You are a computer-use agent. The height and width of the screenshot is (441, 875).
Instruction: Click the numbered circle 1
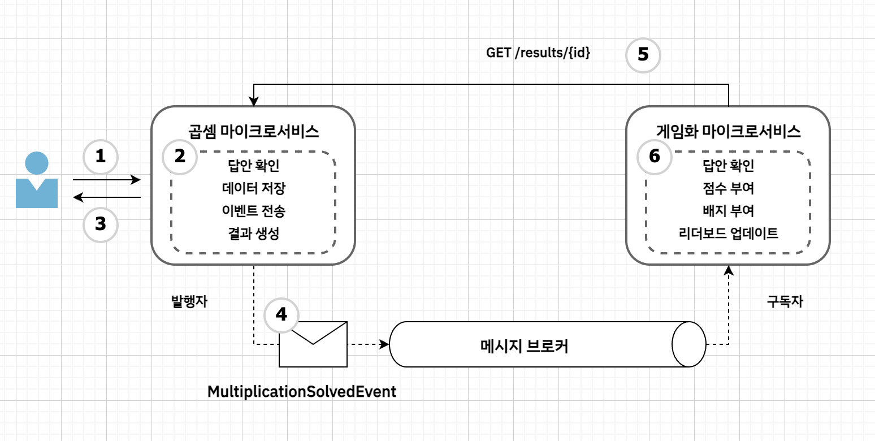point(100,157)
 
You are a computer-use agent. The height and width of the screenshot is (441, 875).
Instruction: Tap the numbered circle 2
point(180,157)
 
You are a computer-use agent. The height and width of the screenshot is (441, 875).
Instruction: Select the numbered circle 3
point(100,225)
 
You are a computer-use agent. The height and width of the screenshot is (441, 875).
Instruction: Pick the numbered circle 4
point(280,315)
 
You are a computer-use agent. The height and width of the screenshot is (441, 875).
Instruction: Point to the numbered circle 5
point(643,55)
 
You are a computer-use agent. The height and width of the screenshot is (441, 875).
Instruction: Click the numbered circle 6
point(655,157)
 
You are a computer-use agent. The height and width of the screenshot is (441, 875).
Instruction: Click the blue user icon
point(37,180)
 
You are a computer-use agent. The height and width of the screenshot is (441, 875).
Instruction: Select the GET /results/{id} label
point(539,53)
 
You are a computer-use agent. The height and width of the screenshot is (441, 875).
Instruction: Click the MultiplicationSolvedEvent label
point(302,391)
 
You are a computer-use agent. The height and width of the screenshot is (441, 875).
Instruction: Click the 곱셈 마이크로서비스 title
point(253,132)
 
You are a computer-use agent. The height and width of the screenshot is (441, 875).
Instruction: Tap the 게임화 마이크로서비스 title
point(728,132)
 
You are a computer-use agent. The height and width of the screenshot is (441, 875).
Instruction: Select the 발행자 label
point(189,301)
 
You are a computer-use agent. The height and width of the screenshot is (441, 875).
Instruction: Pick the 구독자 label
point(785,301)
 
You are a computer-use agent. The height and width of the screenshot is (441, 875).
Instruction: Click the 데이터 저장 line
point(253,189)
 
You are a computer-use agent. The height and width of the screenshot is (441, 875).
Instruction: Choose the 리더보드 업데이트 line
point(728,233)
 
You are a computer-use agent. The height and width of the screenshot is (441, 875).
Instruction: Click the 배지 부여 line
point(728,211)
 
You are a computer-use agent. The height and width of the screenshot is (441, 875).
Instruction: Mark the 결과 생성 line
point(253,233)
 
